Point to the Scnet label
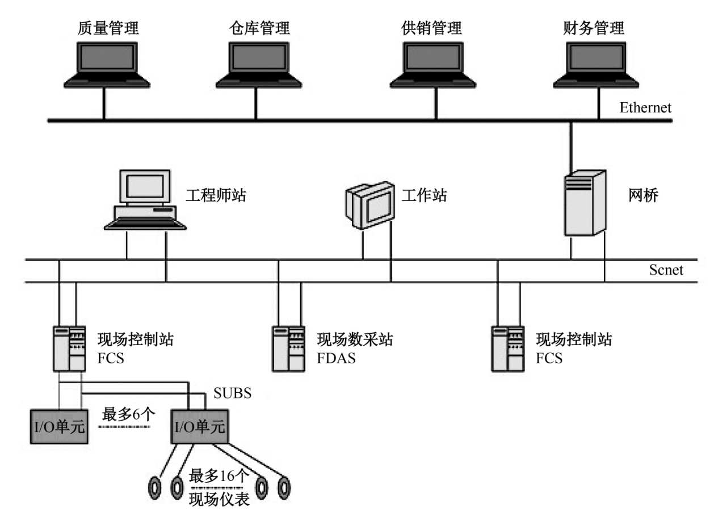[666, 270]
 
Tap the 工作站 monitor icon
[369, 204]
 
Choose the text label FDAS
[336, 358]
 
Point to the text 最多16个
[220, 474]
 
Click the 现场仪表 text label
[220, 500]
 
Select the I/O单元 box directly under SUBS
[199, 426]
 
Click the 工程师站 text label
[216, 196]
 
